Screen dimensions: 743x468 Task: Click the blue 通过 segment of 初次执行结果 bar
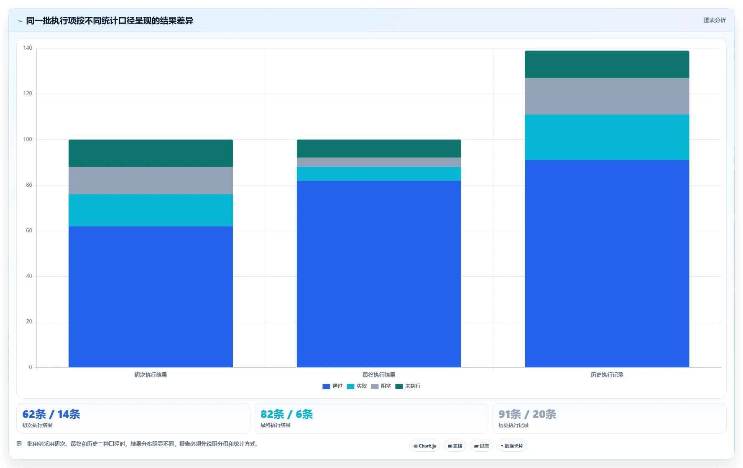click(151, 297)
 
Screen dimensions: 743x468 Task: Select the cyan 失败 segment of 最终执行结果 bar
click(379, 174)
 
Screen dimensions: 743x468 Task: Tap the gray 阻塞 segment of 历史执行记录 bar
click(607, 96)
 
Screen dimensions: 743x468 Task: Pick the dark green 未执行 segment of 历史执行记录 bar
click(607, 64)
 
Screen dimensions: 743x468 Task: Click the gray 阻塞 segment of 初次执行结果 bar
click(151, 181)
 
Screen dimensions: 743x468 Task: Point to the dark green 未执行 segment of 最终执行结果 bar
click(379, 148)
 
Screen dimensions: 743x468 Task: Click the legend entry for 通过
click(332, 386)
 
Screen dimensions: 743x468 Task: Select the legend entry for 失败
click(357, 386)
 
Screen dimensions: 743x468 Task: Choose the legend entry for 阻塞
click(381, 386)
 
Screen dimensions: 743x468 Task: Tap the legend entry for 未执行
click(408, 386)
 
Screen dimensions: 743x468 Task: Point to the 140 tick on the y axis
click(28, 48)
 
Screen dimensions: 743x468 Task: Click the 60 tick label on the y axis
click(29, 231)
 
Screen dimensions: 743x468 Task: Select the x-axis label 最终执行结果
click(379, 375)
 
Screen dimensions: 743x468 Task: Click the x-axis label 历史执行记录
click(607, 375)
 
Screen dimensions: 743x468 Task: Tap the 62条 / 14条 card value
click(51, 414)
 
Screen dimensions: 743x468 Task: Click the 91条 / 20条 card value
click(527, 414)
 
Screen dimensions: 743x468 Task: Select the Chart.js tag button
click(425, 446)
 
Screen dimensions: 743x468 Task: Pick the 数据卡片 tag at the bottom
click(512, 446)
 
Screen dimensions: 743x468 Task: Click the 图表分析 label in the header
click(715, 20)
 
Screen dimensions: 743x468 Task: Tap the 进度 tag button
click(481, 446)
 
